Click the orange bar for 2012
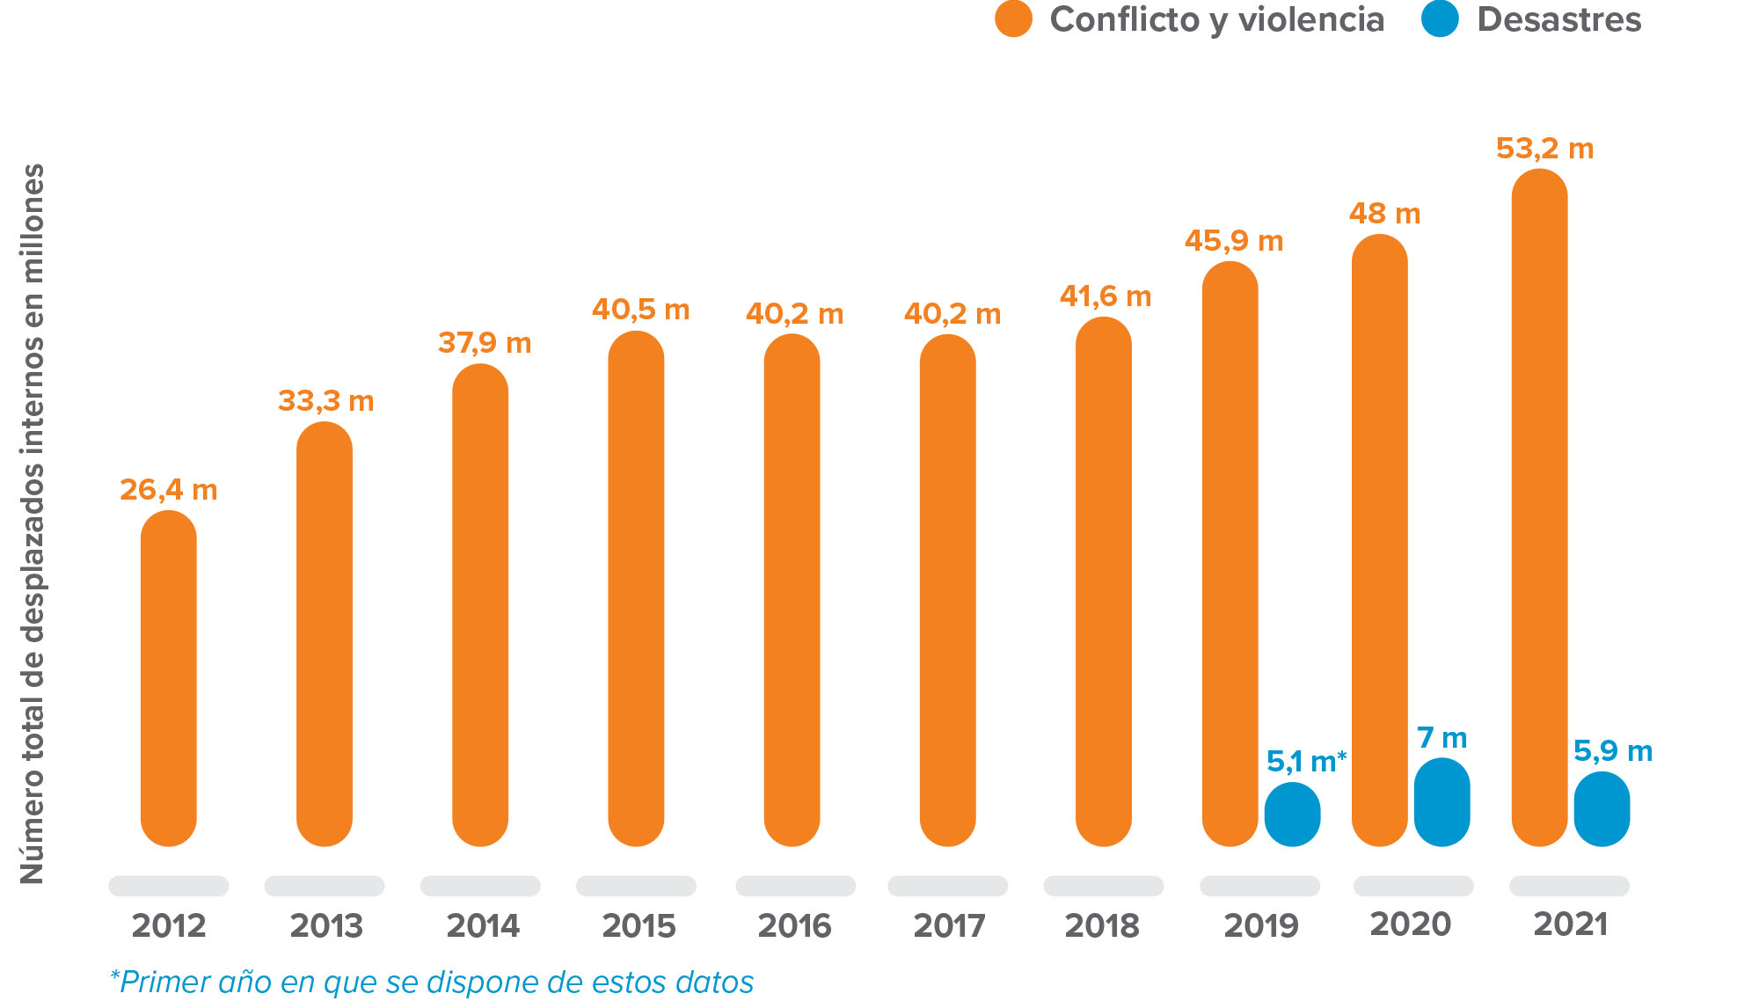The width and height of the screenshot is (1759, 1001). click(x=168, y=677)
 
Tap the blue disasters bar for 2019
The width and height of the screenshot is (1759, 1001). click(x=1292, y=815)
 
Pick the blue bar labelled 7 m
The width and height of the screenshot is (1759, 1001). click(x=1442, y=802)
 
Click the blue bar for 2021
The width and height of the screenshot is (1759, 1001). click(x=1602, y=809)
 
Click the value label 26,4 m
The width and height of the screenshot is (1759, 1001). click(x=168, y=490)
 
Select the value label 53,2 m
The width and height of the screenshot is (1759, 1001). click(x=1544, y=149)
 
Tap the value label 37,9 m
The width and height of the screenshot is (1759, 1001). click(x=485, y=343)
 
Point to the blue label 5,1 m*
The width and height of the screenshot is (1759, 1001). click(x=1306, y=761)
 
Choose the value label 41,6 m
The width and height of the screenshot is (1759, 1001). click(x=1106, y=296)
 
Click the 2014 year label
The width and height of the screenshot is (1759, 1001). click(x=483, y=925)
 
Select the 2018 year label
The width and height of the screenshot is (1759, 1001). click(x=1102, y=925)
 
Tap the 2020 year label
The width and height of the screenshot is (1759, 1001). click(x=1411, y=924)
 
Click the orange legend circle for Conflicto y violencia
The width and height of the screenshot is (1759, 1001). click(x=1013, y=19)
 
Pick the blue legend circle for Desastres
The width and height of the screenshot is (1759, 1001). click(x=1440, y=19)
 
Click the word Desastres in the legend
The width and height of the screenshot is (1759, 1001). click(x=1558, y=19)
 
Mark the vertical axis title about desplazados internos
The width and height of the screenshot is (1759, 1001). click(x=33, y=523)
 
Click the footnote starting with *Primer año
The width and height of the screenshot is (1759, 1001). click(x=431, y=982)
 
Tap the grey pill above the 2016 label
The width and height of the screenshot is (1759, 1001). click(x=795, y=886)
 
